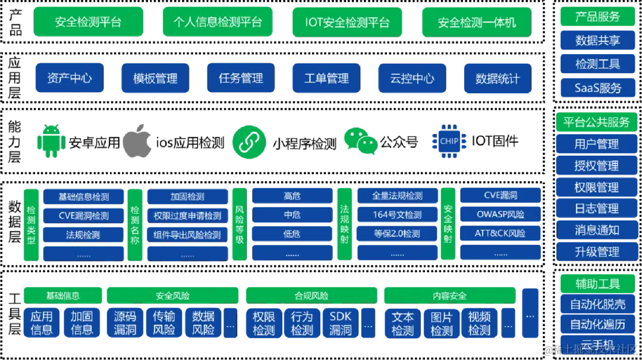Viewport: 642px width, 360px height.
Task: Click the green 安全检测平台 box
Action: [x=89, y=22]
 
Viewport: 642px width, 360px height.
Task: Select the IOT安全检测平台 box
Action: [x=348, y=22]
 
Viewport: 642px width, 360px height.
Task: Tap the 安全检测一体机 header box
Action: [x=477, y=22]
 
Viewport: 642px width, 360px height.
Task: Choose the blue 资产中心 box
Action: [x=70, y=78]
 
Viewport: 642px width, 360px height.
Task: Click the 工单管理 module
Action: [x=326, y=78]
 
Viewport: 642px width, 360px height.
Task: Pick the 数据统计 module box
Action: [x=497, y=78]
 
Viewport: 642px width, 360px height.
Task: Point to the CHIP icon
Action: [x=449, y=141]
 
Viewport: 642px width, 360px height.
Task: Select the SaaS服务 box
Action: [x=597, y=88]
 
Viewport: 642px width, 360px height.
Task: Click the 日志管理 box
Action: [x=597, y=209]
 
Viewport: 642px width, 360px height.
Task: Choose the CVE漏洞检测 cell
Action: [x=84, y=216]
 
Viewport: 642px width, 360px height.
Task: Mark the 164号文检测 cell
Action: [x=397, y=215]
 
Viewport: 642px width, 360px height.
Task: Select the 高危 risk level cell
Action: [x=292, y=196]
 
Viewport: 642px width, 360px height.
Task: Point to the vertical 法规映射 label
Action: [x=344, y=224]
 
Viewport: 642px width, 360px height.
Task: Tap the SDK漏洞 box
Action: [x=340, y=323]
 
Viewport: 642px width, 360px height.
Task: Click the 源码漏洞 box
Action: [x=125, y=323]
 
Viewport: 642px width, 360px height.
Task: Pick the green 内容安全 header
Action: [x=449, y=295]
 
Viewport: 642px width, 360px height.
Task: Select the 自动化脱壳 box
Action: [x=597, y=304]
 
